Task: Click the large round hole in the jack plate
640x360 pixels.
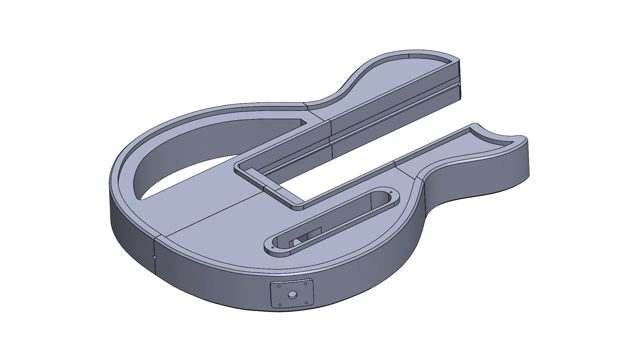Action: (x=292, y=294)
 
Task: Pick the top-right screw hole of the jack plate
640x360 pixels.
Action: (x=305, y=284)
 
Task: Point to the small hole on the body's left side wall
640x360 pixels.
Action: (x=154, y=257)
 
